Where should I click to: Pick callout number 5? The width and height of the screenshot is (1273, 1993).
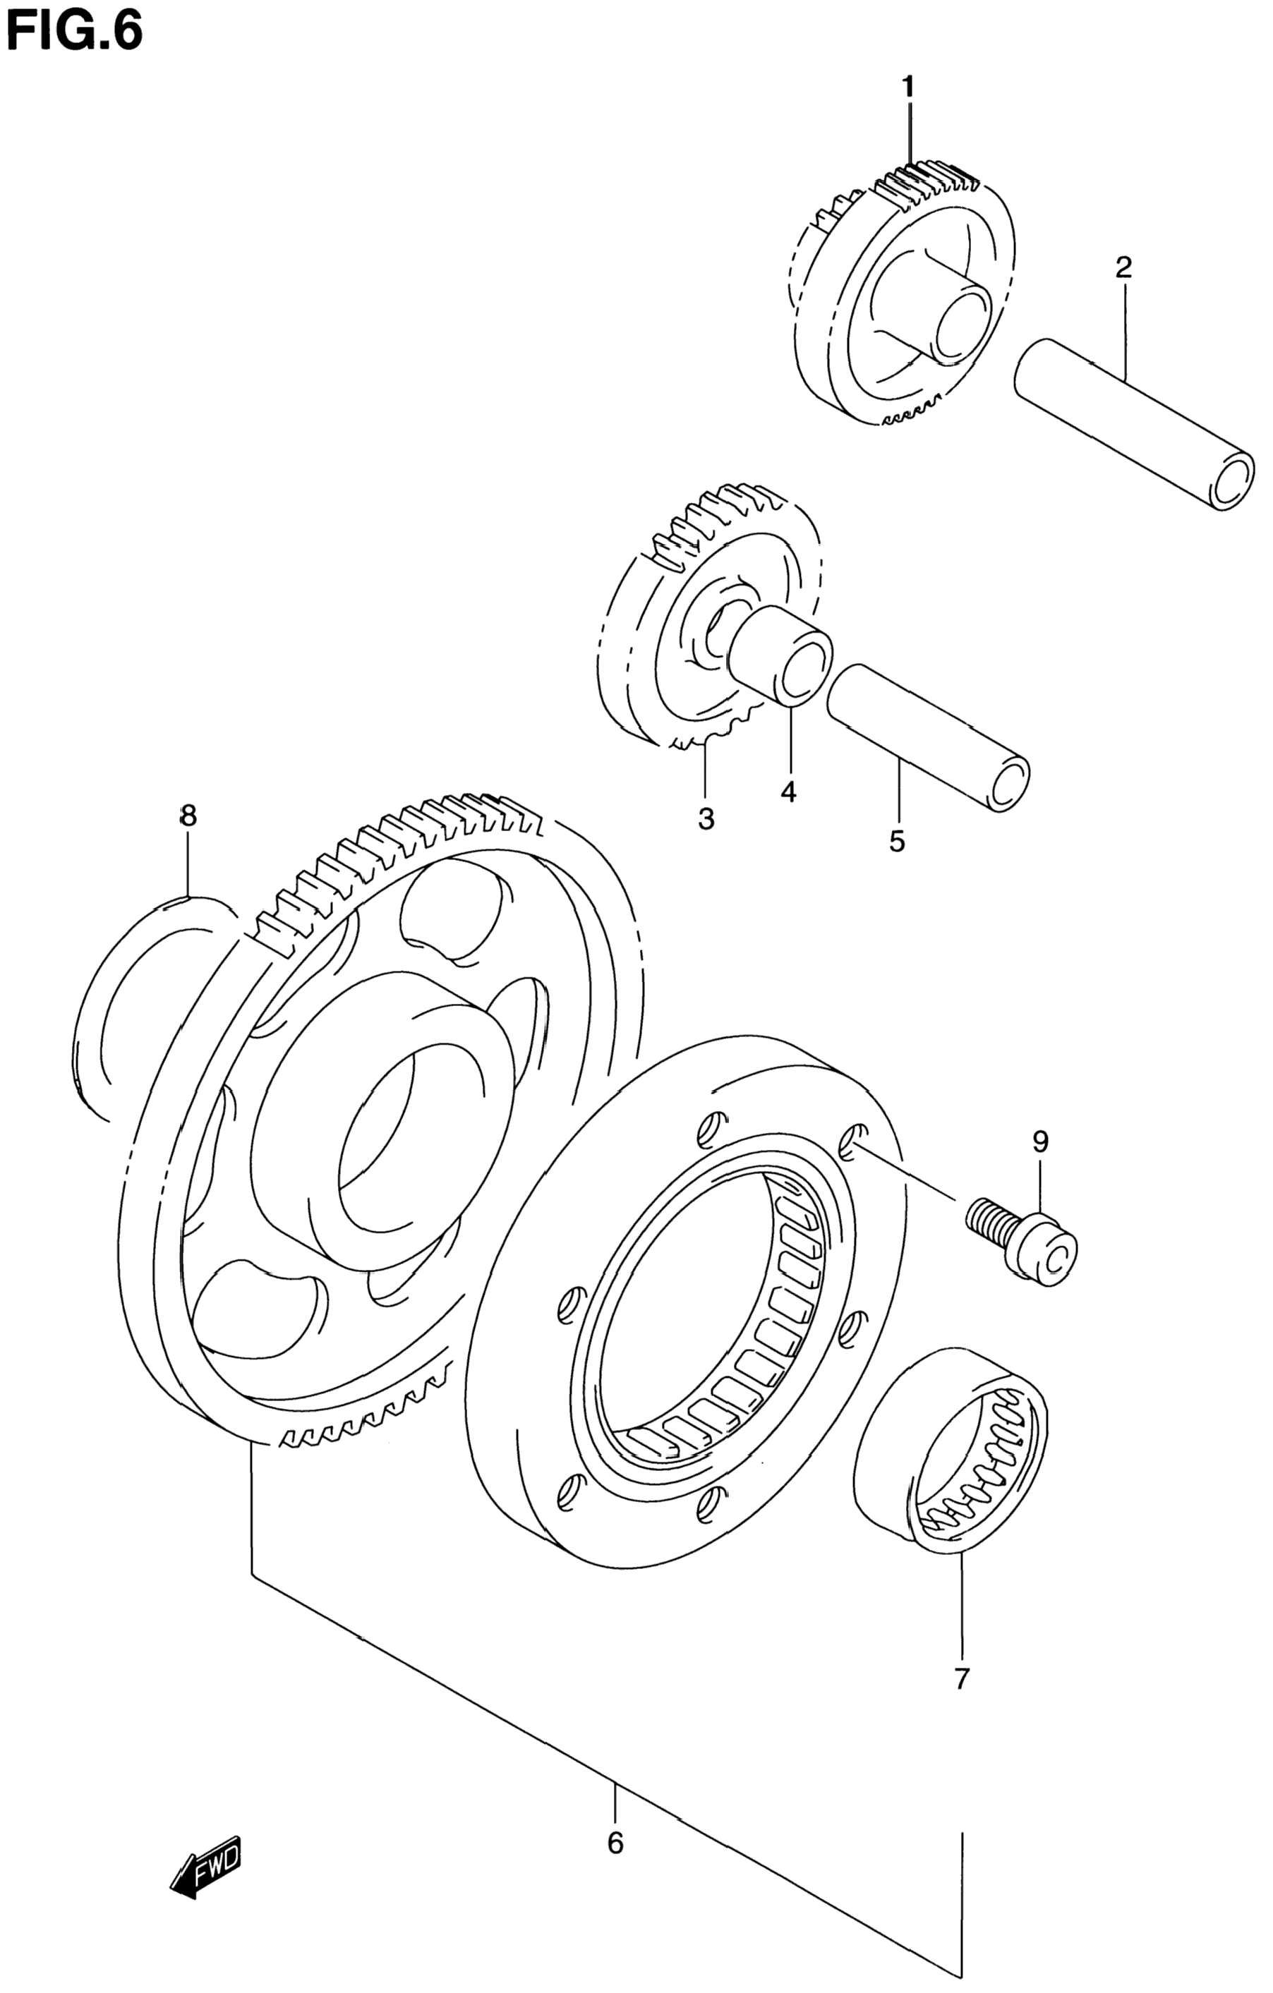897,841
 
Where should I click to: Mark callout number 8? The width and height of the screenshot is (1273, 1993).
188,816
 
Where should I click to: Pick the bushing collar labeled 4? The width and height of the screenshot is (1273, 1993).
782,654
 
